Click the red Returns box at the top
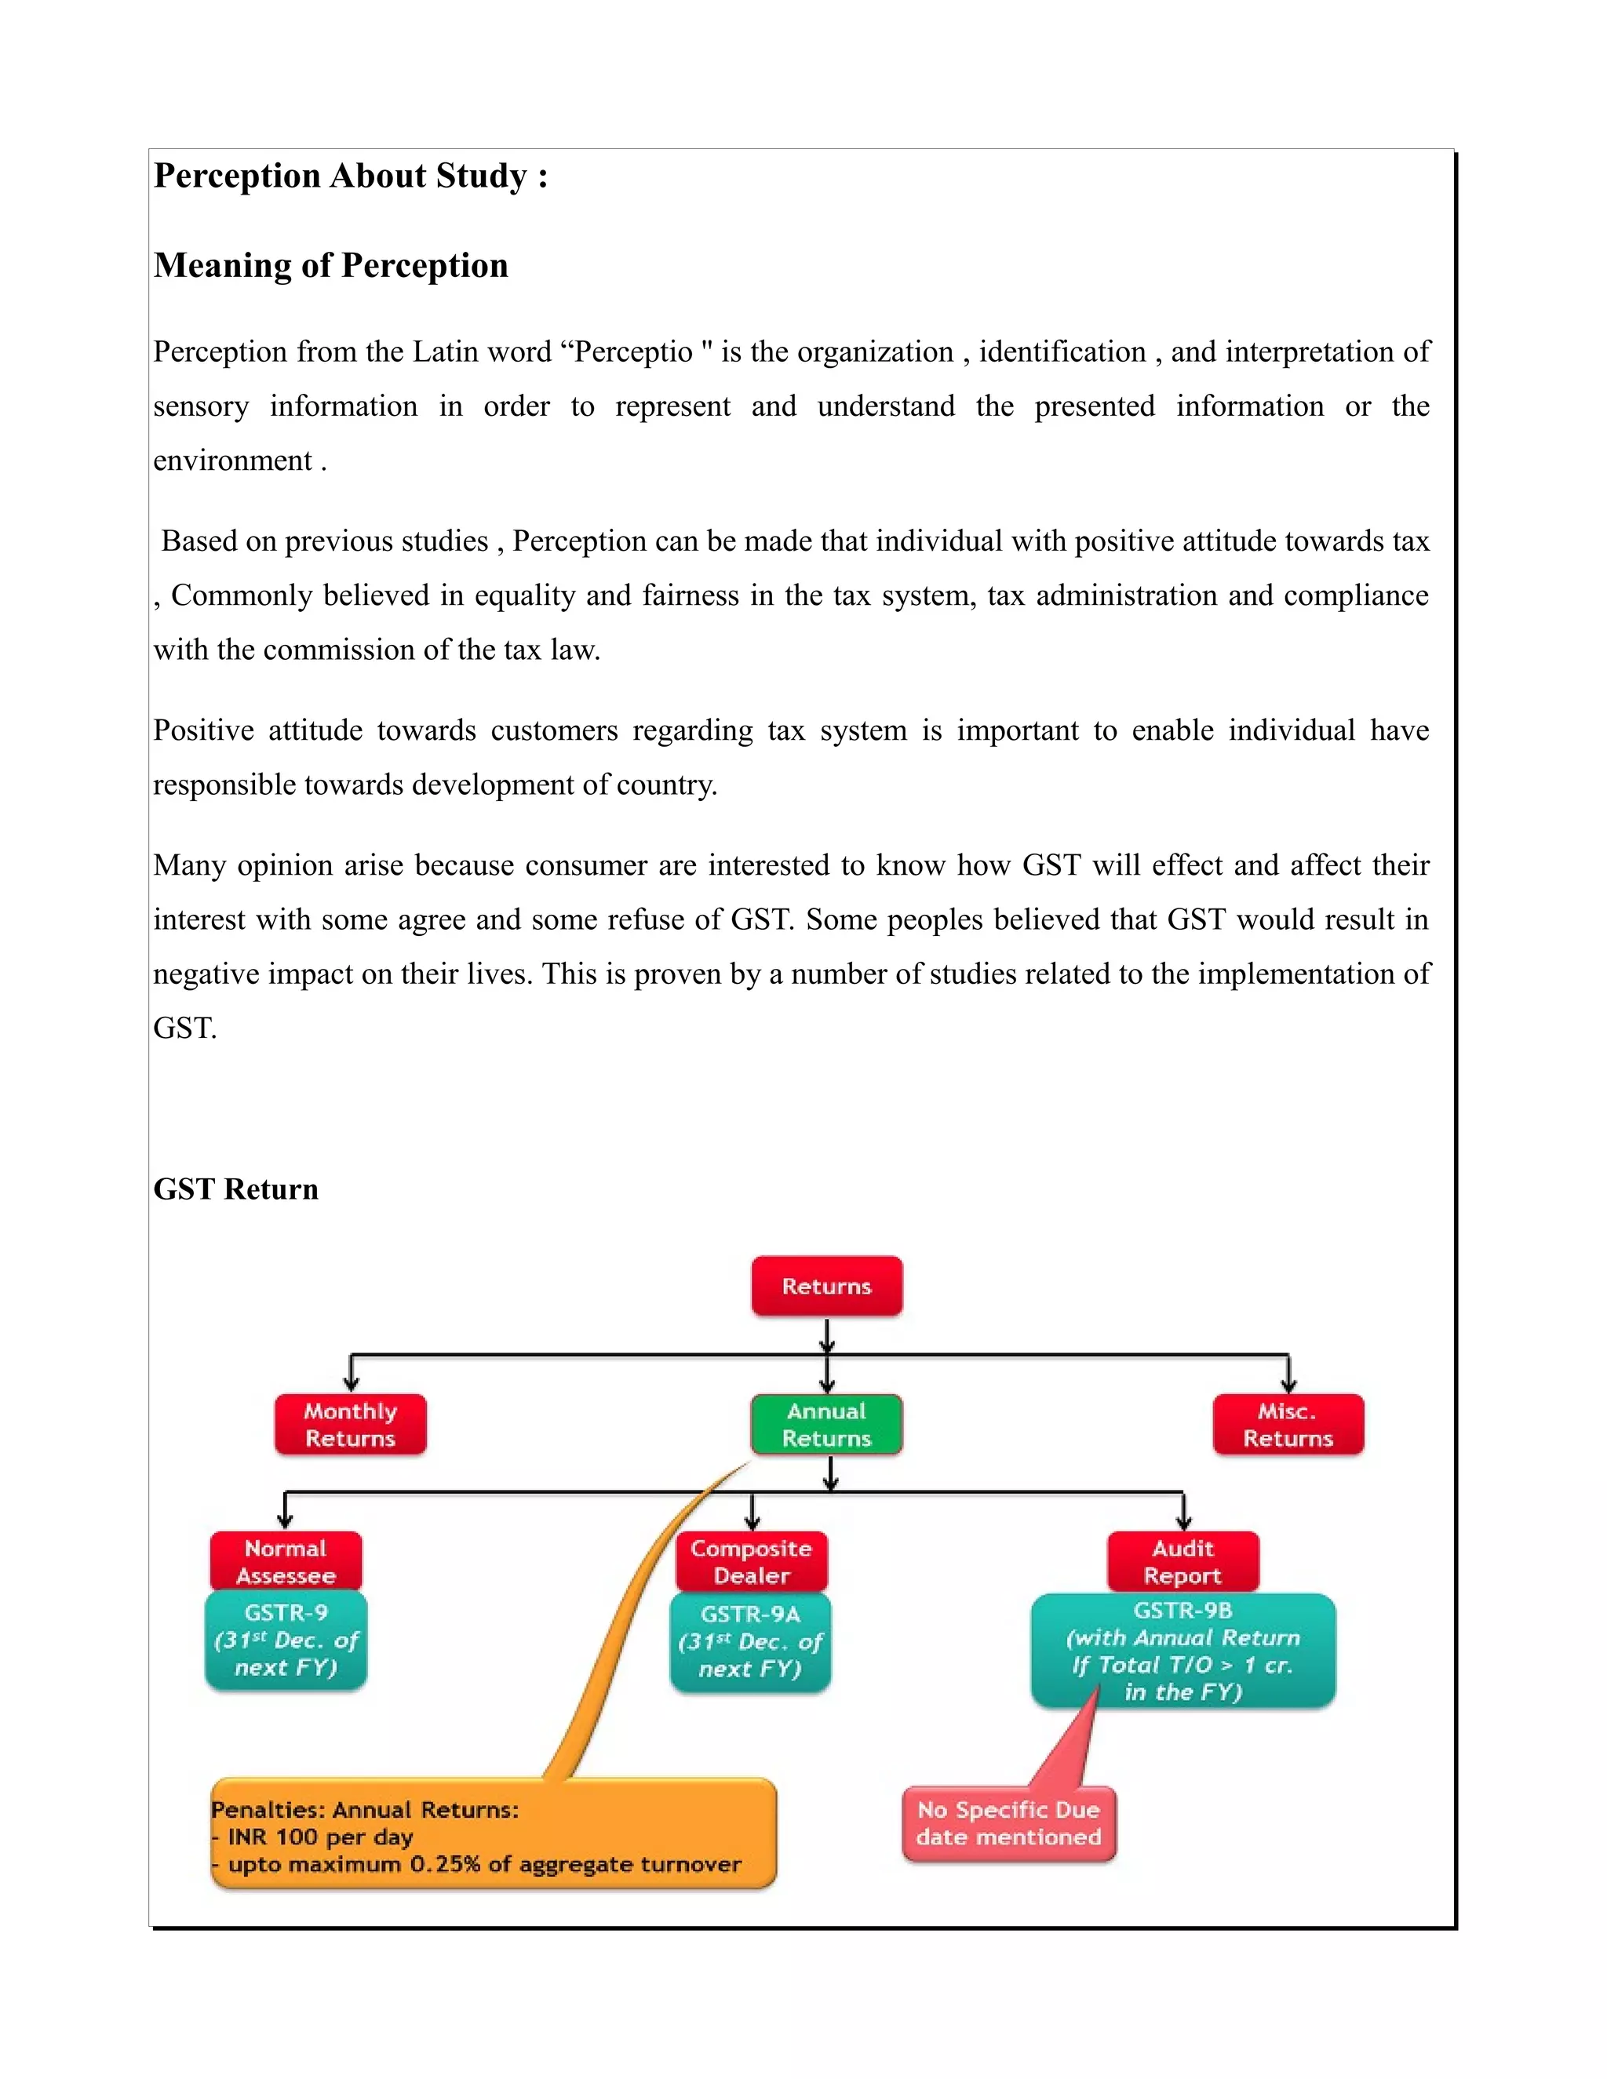click(826, 1286)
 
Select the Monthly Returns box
click(350, 1424)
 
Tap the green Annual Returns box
click(826, 1424)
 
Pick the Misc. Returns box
click(1288, 1424)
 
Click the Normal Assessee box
click(286, 1561)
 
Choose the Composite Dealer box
click(751, 1561)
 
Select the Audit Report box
click(1182, 1561)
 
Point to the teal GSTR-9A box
click(750, 1642)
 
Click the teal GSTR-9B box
click(1182, 1650)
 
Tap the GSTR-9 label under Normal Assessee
click(286, 1612)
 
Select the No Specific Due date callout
click(1008, 1823)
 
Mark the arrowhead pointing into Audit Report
click(1183, 1523)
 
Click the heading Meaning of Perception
click(330, 266)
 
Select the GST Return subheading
click(235, 1189)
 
